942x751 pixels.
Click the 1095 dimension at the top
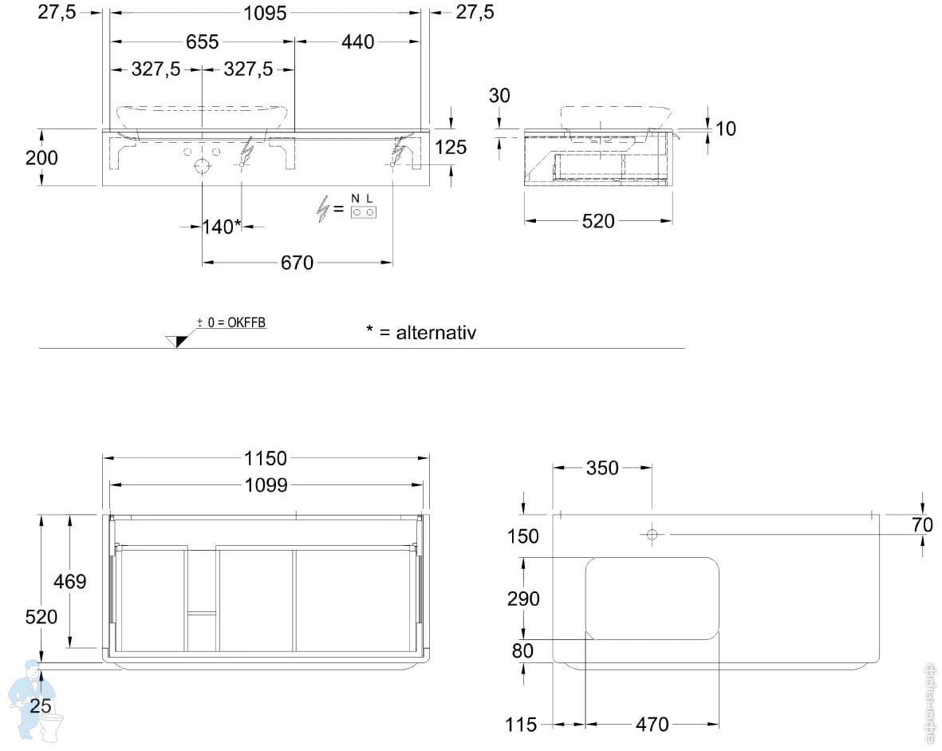click(265, 13)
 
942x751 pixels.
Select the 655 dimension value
click(203, 42)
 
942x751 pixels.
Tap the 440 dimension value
click(357, 42)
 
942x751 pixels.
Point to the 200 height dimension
click(41, 157)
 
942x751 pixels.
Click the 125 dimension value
click(450, 147)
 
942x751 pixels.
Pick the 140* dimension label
click(222, 227)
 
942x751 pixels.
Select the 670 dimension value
click(297, 262)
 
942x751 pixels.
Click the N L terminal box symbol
click(363, 206)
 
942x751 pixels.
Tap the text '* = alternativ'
click(420, 332)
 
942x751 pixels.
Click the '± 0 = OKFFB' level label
click(231, 322)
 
